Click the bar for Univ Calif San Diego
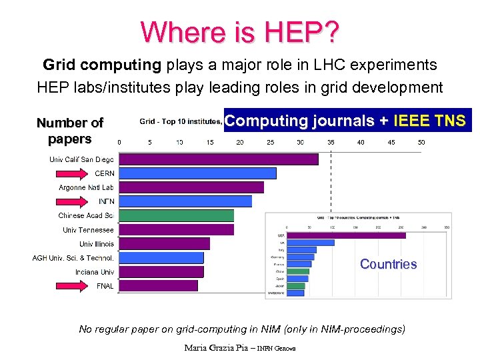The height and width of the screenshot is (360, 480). (x=219, y=159)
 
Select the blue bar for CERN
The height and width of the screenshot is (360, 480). (x=197, y=173)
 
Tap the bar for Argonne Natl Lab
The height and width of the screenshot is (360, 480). (x=191, y=187)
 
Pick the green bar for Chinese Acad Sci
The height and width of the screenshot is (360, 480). (x=177, y=215)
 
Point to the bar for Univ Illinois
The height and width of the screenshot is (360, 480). (x=165, y=243)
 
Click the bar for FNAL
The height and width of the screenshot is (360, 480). (x=159, y=285)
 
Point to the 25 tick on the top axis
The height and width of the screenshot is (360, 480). (x=270, y=142)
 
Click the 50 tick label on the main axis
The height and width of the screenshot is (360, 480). (x=421, y=142)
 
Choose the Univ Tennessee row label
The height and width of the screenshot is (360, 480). (x=88, y=230)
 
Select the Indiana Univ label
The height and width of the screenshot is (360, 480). (x=94, y=272)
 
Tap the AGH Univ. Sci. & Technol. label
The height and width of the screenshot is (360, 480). (x=73, y=257)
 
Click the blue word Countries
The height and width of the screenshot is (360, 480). (x=388, y=264)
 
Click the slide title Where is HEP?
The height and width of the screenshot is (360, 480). (x=240, y=31)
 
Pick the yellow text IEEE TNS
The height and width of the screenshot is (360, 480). (x=431, y=121)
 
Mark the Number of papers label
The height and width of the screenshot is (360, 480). (x=69, y=131)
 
